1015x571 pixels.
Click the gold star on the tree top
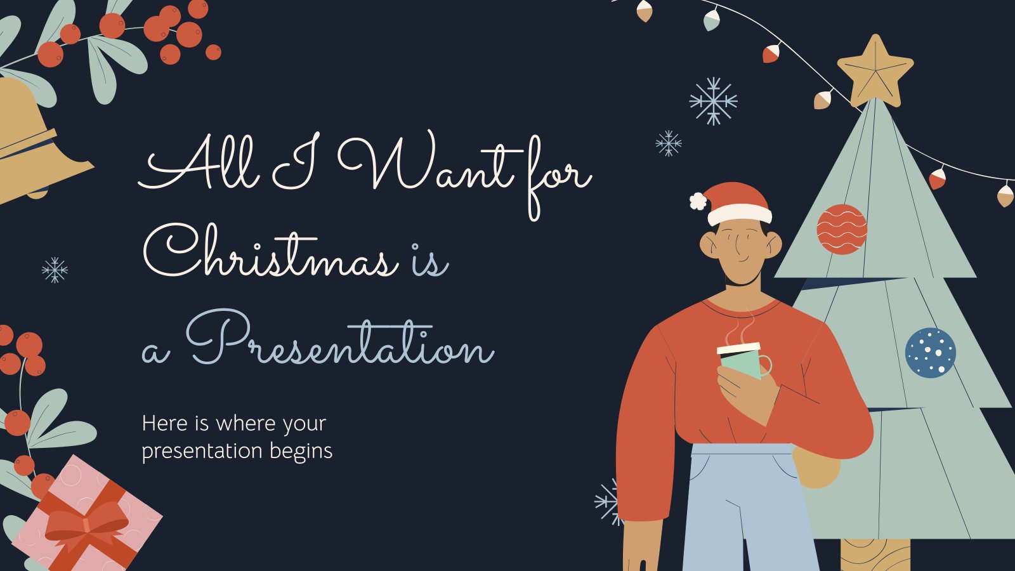[x=875, y=72]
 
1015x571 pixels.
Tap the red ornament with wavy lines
[x=842, y=229]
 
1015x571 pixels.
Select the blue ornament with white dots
[x=930, y=353]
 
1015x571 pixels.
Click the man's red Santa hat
[x=737, y=204]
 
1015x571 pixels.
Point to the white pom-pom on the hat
[x=698, y=200]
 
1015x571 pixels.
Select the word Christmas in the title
[x=271, y=251]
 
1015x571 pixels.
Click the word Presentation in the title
[x=340, y=338]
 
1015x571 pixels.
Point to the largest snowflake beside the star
[x=713, y=101]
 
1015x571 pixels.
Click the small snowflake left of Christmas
[x=55, y=270]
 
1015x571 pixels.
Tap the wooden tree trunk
[x=875, y=555]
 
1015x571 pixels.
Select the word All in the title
[x=199, y=161]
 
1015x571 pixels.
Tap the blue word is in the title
[x=429, y=259]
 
